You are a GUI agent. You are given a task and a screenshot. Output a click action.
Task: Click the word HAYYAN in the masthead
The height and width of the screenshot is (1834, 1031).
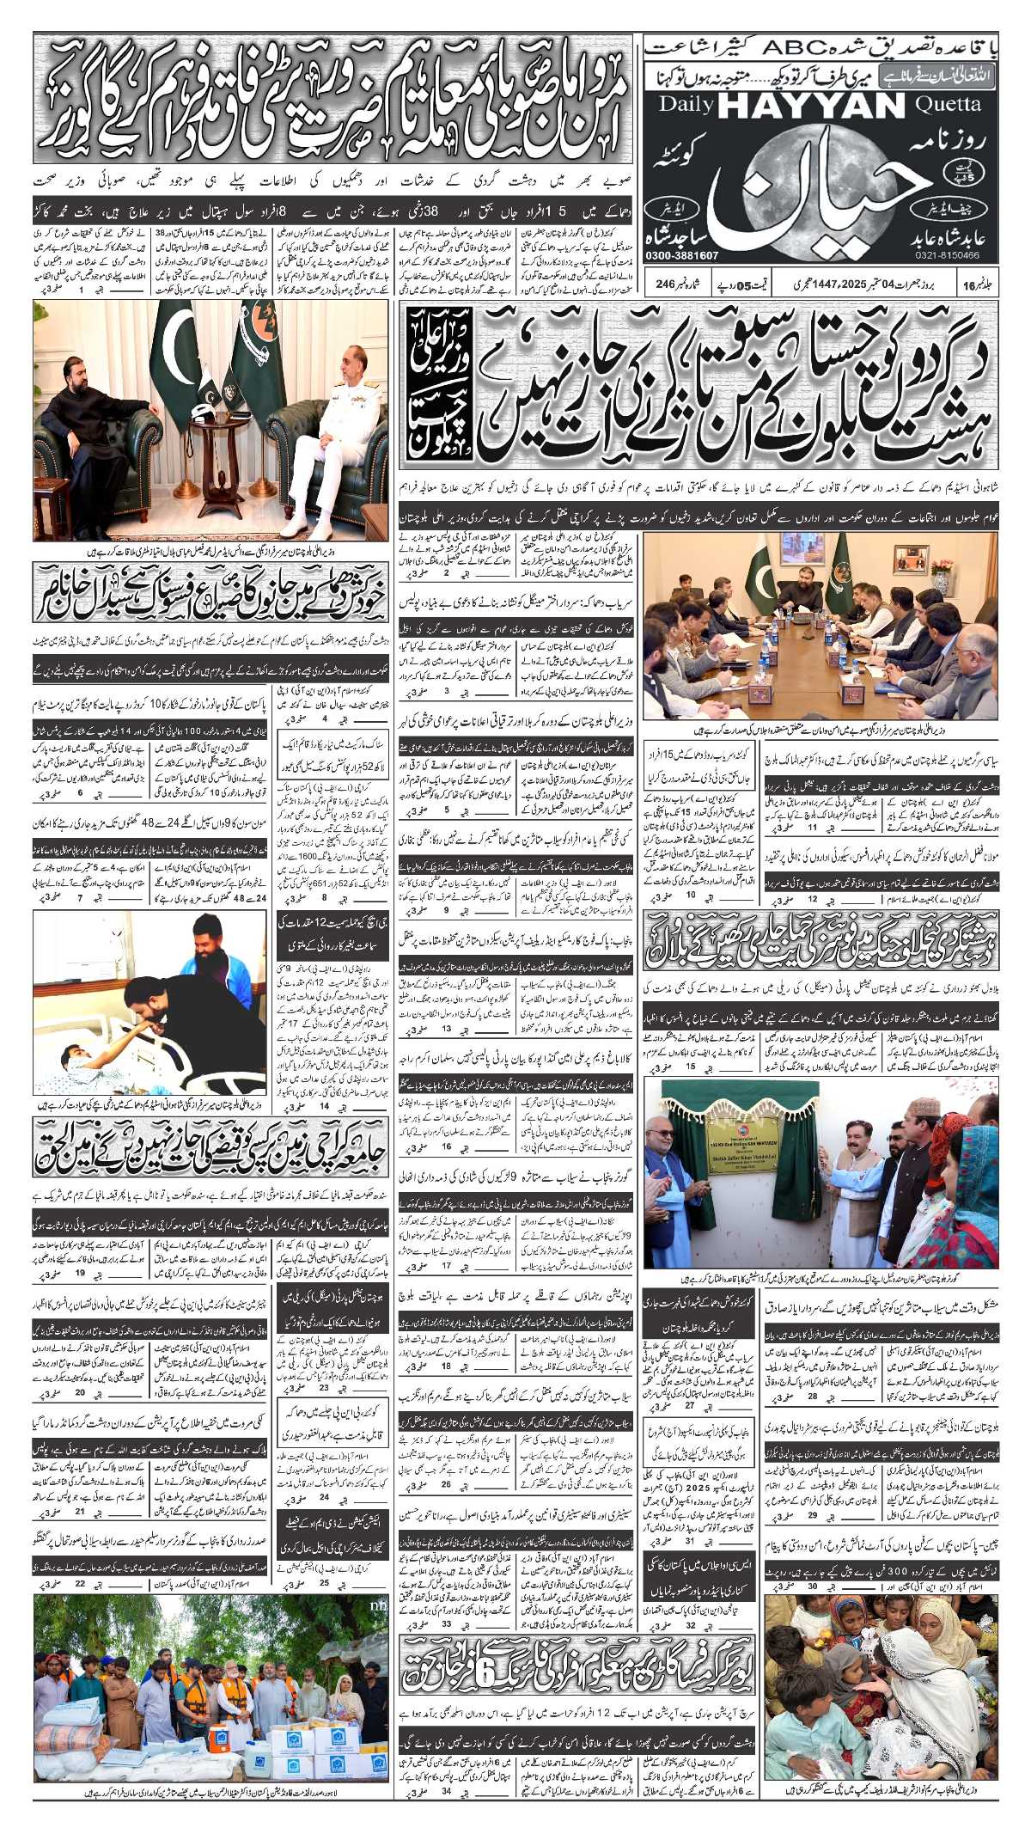pyautogui.click(x=811, y=107)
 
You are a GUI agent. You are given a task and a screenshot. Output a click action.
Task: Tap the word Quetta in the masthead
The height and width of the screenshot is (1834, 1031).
pyautogui.click(x=948, y=105)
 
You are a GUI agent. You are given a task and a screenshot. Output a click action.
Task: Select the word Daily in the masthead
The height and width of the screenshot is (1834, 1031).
pyautogui.click(x=686, y=105)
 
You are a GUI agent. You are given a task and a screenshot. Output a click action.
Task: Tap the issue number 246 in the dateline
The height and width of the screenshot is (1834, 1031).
pyautogui.click(x=665, y=284)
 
